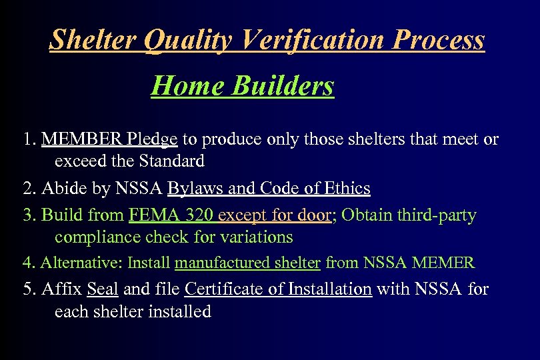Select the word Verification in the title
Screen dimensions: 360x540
313,40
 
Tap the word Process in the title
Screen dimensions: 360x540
439,40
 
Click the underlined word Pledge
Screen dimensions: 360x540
152,139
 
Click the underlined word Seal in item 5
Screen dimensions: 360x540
102,290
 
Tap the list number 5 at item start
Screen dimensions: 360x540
27,290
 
